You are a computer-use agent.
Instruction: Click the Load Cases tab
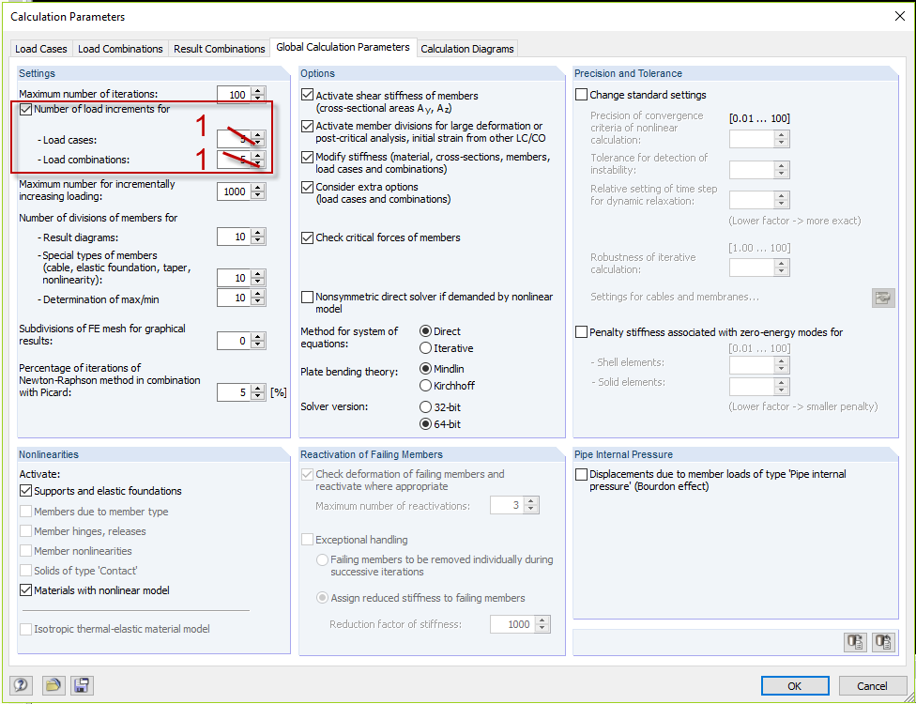40,49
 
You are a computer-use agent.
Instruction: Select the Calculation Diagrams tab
467,49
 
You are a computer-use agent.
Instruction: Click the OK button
794,686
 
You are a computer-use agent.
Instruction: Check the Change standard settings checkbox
582,95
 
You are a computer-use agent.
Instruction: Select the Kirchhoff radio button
426,386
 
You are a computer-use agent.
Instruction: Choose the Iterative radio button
426,348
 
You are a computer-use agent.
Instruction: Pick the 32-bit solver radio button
426,407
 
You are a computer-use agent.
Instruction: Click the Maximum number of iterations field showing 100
233,95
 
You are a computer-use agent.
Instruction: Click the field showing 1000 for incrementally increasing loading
233,191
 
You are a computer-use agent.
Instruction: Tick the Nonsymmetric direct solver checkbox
308,298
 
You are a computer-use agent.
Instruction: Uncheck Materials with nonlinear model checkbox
25,590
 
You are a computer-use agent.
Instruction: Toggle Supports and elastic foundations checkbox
25,491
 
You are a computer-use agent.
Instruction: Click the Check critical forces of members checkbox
308,237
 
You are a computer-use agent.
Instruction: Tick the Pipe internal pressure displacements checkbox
582,474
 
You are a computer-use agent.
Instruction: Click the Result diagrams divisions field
233,237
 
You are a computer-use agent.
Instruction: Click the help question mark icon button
21,685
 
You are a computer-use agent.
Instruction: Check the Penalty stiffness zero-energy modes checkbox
582,331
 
